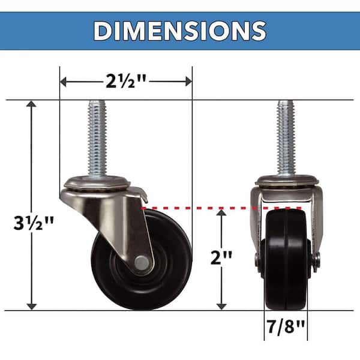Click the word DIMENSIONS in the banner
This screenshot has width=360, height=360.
pos(180,31)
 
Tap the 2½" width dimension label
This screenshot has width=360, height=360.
pos(126,82)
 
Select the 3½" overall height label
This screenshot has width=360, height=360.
pos(34,223)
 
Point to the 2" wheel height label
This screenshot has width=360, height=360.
pos(221,257)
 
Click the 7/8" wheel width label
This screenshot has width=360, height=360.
pos(286,326)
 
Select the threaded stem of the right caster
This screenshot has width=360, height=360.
pos(286,137)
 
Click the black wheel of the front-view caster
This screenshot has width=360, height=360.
pos(286,259)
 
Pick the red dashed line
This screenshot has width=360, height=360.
pos(221,208)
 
